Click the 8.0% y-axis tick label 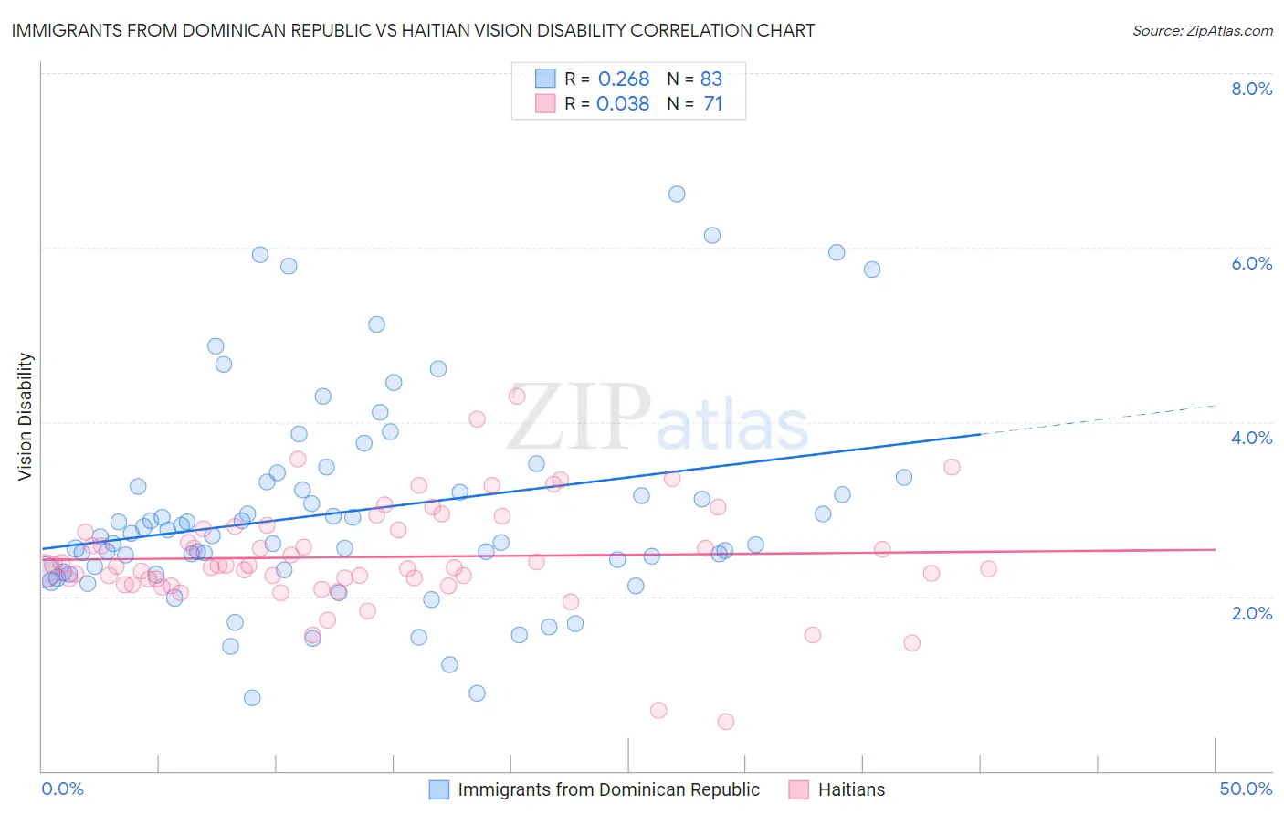click(1251, 89)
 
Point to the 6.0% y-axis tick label click(1251, 263)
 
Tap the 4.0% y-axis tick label click(1251, 438)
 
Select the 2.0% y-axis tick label click(1251, 613)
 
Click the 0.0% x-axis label click(62, 789)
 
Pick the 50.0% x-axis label click(1246, 789)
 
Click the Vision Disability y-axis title click(26, 417)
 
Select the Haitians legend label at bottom click(851, 789)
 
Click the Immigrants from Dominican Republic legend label click(608, 789)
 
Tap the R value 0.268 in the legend click(624, 79)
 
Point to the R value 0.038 click(623, 103)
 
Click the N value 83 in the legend click(711, 79)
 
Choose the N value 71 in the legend click(713, 103)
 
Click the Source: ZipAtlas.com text click(1202, 31)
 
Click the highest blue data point click(677, 194)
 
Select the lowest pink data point click(726, 722)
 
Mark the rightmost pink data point click(988, 568)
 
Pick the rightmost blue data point click(904, 477)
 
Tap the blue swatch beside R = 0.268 click(545, 79)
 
